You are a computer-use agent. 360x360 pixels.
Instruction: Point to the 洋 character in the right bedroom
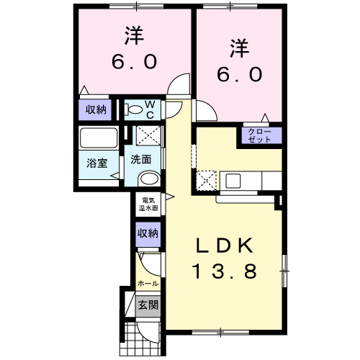coord(240,49)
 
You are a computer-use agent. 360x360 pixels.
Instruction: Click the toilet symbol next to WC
coord(135,110)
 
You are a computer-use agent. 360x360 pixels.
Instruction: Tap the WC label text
coord(152,110)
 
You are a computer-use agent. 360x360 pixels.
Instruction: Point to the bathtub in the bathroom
coord(99,138)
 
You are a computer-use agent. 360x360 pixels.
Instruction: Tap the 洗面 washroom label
coord(141,160)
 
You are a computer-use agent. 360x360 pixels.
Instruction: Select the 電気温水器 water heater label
coord(149,203)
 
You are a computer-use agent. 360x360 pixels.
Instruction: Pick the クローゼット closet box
coord(259,135)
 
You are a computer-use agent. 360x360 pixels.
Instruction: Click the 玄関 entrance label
coord(148,305)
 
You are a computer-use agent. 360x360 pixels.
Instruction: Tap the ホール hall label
coord(148,284)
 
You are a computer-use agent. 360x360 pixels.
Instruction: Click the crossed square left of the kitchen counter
coord(206,179)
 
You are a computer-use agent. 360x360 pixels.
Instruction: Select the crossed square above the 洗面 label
coord(148,135)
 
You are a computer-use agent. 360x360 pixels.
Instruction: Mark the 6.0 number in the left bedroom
coord(134,62)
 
